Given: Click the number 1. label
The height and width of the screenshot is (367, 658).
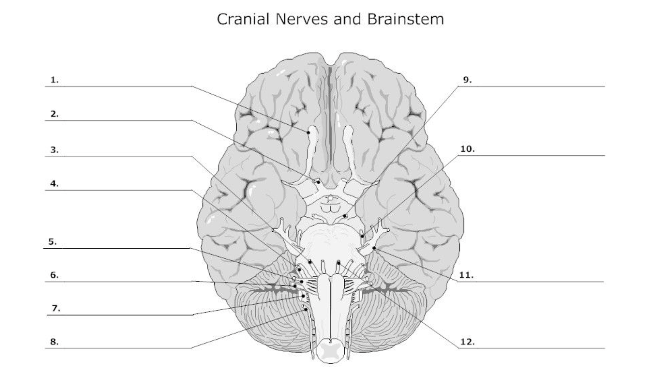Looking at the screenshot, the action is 55,80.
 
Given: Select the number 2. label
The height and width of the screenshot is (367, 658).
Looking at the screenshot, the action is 55,114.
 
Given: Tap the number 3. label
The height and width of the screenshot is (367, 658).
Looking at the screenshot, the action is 55,150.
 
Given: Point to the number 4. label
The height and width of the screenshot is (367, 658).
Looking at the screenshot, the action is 55,184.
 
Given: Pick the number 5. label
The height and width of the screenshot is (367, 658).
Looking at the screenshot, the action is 53,242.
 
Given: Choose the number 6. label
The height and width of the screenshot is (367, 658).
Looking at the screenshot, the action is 55,275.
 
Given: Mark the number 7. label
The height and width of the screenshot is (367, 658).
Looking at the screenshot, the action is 56,309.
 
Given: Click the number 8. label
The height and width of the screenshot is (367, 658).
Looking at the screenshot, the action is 55,342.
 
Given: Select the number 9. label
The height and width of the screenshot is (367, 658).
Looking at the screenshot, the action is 467,80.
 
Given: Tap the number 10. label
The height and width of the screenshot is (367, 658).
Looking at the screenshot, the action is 467,149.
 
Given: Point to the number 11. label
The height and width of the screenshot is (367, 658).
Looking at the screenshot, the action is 467,275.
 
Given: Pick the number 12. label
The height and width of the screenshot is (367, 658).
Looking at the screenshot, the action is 467,342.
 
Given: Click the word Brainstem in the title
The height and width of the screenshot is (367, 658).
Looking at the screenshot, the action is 405,19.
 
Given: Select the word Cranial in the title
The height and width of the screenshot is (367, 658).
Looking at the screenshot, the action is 243,19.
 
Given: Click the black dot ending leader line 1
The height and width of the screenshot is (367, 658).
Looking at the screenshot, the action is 309,133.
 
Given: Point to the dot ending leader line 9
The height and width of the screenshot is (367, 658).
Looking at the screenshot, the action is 345,216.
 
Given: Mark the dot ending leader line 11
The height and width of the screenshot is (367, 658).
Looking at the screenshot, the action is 374,248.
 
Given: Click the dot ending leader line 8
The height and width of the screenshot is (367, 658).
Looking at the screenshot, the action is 306,309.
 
